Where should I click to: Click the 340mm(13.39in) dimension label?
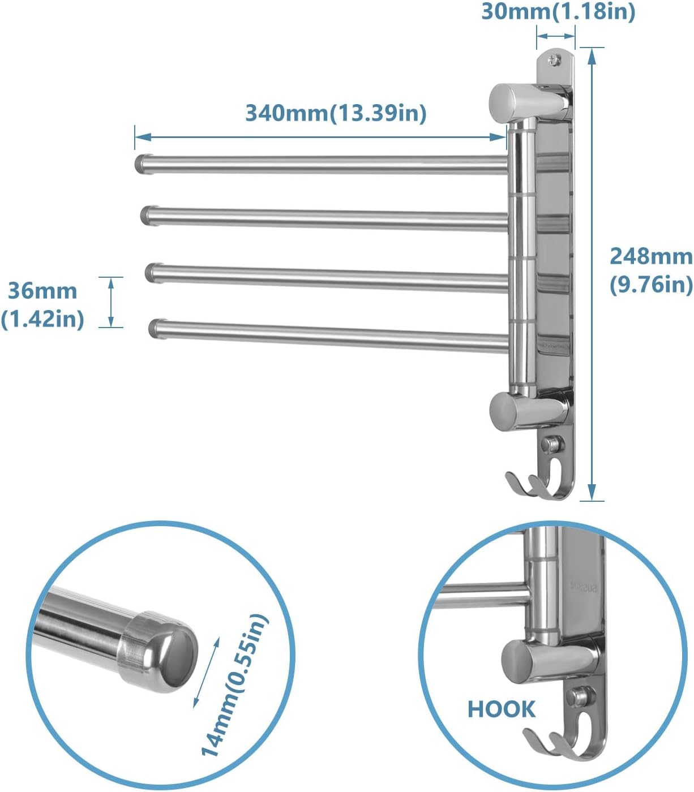pyautogui.click(x=336, y=113)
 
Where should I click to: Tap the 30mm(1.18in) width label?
pyautogui.click(x=558, y=11)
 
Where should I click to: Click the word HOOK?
pyautogui.click(x=501, y=709)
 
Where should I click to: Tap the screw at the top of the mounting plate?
pyautogui.click(x=555, y=58)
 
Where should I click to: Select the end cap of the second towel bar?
pyautogui.click(x=147, y=215)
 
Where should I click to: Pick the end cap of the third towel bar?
pyautogui.click(x=152, y=272)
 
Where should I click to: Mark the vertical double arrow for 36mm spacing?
pyautogui.click(x=112, y=302)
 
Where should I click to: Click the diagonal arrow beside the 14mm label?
pyautogui.click(x=206, y=670)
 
